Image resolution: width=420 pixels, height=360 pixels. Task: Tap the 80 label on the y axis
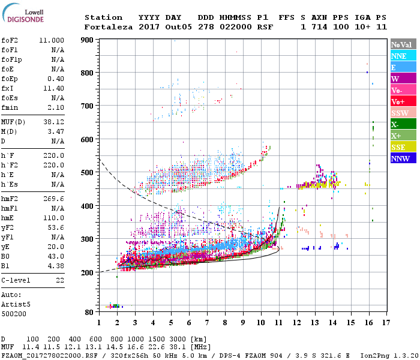coord(89,312)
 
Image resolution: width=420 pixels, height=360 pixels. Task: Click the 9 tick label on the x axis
coord(242,322)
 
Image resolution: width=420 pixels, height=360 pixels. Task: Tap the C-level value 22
coord(59,280)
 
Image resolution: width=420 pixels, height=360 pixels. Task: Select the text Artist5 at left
coord(16,305)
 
